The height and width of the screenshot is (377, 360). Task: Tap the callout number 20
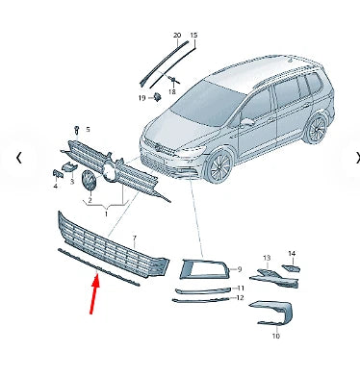click(x=176, y=36)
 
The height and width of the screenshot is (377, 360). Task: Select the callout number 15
click(x=193, y=36)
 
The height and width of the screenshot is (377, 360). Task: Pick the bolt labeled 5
click(x=76, y=129)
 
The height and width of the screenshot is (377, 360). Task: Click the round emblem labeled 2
click(x=89, y=181)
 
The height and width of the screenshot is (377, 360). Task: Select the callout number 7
click(x=134, y=237)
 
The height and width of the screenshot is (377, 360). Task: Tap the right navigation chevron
click(x=357, y=158)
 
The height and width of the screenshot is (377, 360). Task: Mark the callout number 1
click(x=107, y=214)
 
